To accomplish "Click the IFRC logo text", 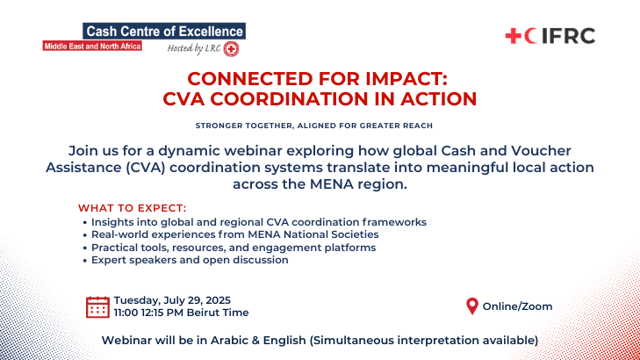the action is click(x=568, y=36).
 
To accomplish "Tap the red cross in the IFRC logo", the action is click(x=513, y=36).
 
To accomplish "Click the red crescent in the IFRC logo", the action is click(x=530, y=36).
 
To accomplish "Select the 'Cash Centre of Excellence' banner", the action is click(x=164, y=31).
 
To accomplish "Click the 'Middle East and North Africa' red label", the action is click(x=92, y=47).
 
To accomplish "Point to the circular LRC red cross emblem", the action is click(x=231, y=49).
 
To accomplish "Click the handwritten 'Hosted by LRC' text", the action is click(x=194, y=48).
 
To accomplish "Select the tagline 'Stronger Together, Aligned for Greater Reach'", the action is click(x=314, y=126).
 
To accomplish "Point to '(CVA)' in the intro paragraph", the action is click(x=146, y=168).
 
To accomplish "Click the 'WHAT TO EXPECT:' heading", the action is click(x=133, y=208).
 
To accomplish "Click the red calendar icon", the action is click(x=97, y=307).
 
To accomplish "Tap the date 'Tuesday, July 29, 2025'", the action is click(x=172, y=300).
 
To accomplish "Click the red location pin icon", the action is click(x=472, y=306).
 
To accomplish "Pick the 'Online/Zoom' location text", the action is click(x=518, y=306).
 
